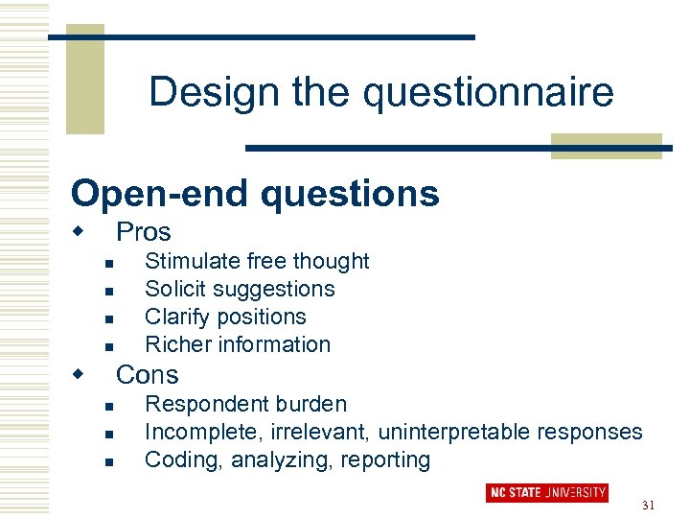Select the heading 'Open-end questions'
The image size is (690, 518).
coord(255,193)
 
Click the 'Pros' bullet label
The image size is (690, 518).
coord(143,232)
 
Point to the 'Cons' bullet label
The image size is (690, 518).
coord(147,374)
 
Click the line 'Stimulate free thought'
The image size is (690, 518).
coord(256,261)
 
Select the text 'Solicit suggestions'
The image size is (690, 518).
coord(240,289)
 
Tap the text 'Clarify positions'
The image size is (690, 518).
coord(225,317)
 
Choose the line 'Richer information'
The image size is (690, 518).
coord(237,344)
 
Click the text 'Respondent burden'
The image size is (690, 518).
coord(245,404)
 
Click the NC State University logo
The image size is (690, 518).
coord(547,492)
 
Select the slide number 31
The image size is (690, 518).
coord(648,506)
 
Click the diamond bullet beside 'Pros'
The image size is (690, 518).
coord(80,231)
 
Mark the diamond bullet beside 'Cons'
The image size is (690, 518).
coord(80,372)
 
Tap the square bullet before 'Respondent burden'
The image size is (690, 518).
coord(109,407)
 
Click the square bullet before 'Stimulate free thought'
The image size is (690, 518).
coord(109,264)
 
